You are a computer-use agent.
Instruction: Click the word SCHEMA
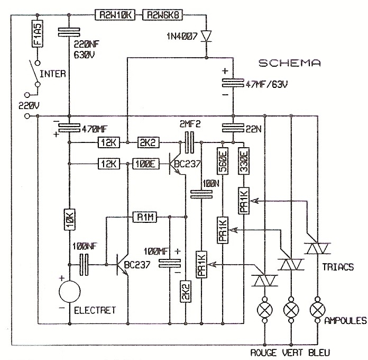(289, 62)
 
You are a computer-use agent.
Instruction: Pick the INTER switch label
(53, 74)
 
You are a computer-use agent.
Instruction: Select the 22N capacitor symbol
(233, 127)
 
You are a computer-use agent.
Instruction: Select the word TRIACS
(337, 267)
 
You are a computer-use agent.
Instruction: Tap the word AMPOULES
(346, 321)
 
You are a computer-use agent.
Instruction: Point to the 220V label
(29, 105)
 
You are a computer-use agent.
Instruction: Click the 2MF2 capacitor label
(190, 124)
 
